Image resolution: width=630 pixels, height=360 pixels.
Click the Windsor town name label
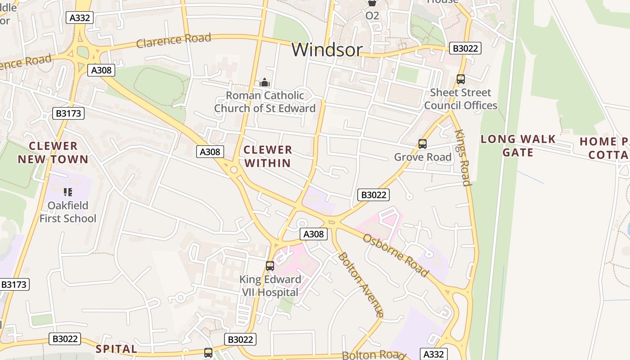pos(327,50)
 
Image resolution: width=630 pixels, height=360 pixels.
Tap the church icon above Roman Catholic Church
pos(265,82)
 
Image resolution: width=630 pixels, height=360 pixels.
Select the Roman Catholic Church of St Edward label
pos(265,102)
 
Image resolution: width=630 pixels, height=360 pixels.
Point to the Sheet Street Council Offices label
pos(460,99)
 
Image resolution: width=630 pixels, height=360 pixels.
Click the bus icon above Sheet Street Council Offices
pos(460,79)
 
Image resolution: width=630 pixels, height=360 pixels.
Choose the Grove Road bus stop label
pos(422,157)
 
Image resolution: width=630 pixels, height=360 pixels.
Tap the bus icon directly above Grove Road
pos(422,144)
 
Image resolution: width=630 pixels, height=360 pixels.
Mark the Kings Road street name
pos(463,157)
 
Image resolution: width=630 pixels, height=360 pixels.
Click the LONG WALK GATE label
pos(518,146)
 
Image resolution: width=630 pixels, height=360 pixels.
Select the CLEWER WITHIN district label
pos(268,156)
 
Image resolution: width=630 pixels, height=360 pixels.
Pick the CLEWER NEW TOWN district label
pos(53,153)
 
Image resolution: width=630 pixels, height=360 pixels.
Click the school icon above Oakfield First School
pos(68,193)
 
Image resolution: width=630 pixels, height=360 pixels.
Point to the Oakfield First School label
pos(68,212)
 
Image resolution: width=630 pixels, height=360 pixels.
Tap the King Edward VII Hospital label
pos(270,286)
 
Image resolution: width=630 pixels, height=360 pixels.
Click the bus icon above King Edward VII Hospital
pos(270,265)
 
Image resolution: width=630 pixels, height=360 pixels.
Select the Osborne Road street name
pos(396,255)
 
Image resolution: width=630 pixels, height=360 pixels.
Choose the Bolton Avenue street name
pos(361,284)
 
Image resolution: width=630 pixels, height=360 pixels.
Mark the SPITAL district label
pos(117,349)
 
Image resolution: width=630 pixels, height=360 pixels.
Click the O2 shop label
pos(372,16)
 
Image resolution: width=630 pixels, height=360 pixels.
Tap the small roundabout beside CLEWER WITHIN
pos(234,170)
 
